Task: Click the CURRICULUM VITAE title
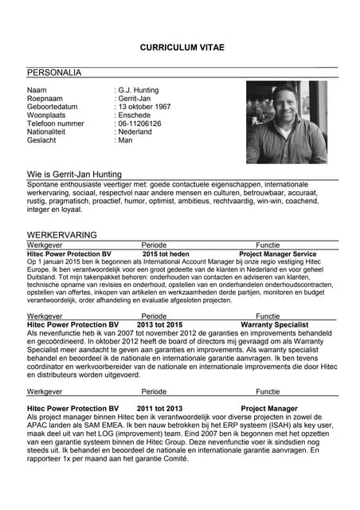(182, 48)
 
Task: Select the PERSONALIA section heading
(54, 73)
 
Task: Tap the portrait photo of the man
(286, 121)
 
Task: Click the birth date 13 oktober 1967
(145, 107)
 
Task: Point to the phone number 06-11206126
(140, 124)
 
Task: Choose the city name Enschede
(135, 116)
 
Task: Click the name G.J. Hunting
(139, 90)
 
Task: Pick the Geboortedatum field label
(53, 107)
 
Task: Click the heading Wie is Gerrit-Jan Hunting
(74, 174)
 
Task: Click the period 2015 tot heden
(166, 253)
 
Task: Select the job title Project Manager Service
(278, 253)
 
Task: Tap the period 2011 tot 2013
(159, 409)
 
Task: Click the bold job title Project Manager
(269, 409)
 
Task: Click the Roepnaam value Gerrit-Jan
(138, 99)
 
